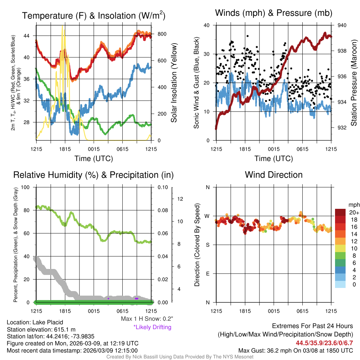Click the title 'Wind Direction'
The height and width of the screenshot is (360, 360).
(x=274, y=175)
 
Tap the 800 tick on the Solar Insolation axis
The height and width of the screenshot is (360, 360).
(x=161, y=34)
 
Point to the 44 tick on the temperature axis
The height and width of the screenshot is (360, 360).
(x=27, y=36)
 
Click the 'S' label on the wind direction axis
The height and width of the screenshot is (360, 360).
(x=208, y=245)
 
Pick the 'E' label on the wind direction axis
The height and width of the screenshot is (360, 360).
(x=208, y=274)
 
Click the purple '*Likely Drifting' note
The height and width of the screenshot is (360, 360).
(x=152, y=327)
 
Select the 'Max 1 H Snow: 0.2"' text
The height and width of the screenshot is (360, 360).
(x=147, y=319)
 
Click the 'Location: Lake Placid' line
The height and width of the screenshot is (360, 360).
(x=30, y=322)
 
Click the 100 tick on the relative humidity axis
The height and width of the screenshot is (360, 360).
(x=25, y=187)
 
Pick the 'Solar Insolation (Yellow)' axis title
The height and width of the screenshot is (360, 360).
(x=174, y=83)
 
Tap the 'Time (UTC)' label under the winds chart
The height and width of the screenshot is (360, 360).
(x=274, y=159)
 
